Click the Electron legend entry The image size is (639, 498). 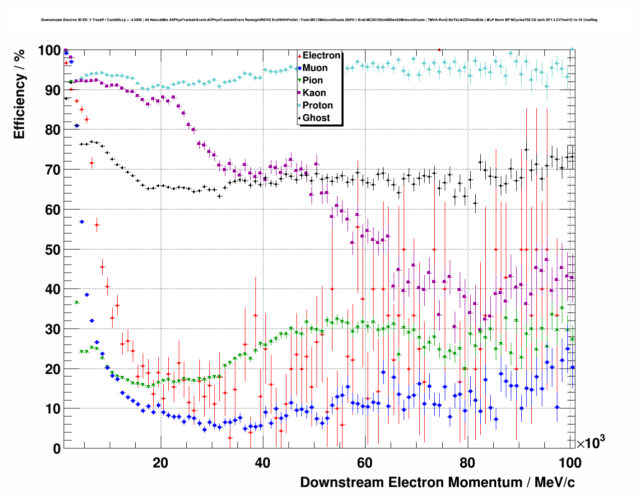[321, 55]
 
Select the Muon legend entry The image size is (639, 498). [314, 68]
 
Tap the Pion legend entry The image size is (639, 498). [312, 80]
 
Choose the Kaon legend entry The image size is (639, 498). [314, 93]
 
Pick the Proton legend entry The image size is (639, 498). [317, 105]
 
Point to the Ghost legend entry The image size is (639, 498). [316, 118]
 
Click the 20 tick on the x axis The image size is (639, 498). [160, 462]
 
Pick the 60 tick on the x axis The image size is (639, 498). [365, 462]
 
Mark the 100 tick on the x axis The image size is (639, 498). [569, 462]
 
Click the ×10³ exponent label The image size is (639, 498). [590, 442]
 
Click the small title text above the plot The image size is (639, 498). [318, 20]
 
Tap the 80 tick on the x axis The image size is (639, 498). [467, 462]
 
